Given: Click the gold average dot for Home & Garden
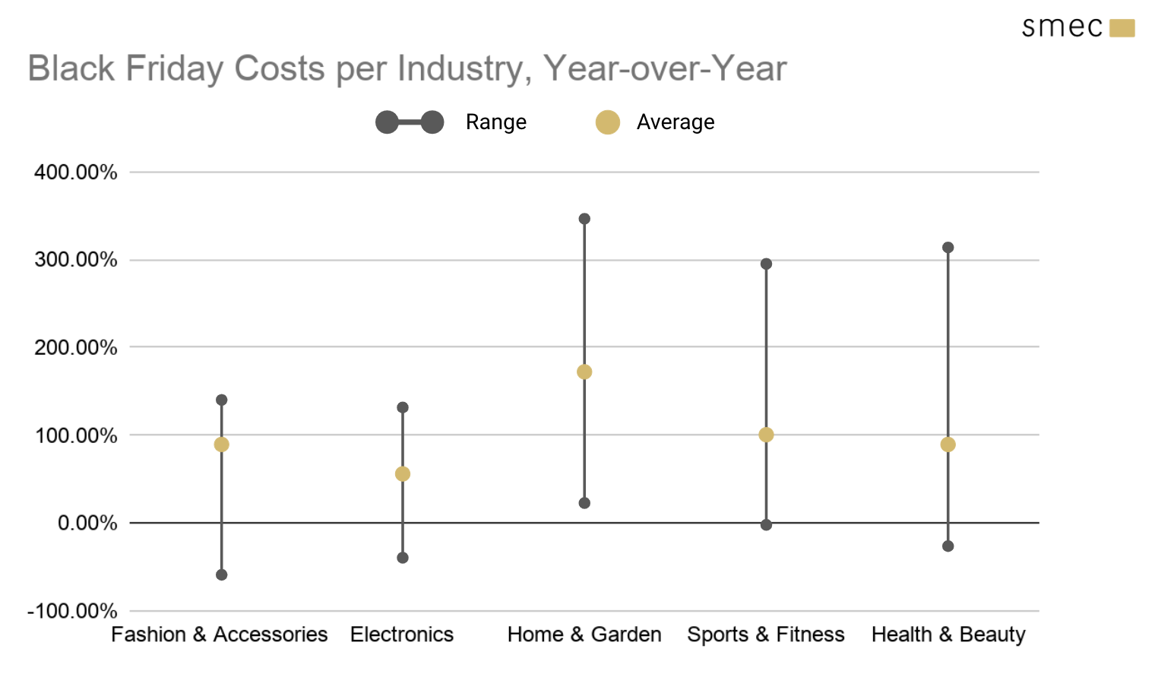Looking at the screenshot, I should (584, 372).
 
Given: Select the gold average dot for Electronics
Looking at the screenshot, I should (403, 474).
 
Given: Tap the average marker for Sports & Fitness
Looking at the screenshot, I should (766, 435).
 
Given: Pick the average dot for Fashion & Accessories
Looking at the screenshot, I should (221, 445).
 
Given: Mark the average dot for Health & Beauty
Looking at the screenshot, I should (948, 445).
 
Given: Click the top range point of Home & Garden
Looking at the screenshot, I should (584, 219).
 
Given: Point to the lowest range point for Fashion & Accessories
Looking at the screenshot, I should (221, 575).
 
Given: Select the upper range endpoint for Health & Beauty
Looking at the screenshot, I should (948, 248).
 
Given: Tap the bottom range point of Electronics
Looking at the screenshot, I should (403, 558).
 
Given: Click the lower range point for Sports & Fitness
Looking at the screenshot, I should (766, 525).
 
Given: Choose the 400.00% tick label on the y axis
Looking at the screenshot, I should (76, 172).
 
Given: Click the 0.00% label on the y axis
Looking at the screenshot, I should (87, 524).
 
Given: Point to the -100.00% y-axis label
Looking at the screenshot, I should (72, 612).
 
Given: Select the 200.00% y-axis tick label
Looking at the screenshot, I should (76, 348).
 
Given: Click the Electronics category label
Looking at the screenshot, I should (402, 634).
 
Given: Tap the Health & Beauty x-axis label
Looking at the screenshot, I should (948, 634).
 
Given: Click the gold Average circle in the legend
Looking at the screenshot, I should (608, 122).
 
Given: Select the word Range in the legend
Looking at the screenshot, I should (495, 122).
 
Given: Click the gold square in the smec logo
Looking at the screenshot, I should (1122, 29).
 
